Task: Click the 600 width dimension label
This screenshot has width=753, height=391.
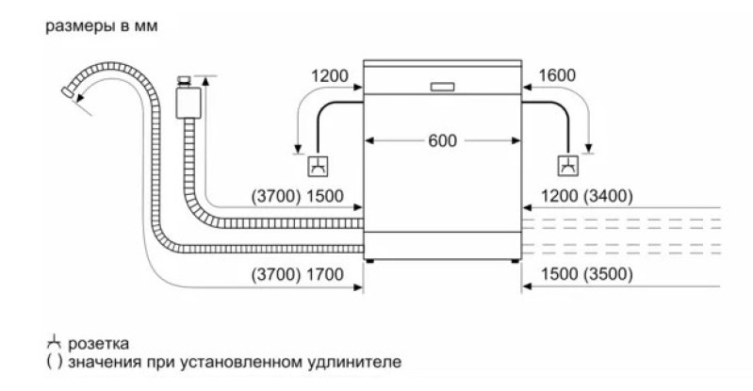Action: pos(442,140)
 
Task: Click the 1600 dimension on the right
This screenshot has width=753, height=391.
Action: pos(557,75)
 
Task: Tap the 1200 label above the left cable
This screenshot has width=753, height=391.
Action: pos(330,76)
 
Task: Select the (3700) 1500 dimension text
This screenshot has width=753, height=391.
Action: pos(297,196)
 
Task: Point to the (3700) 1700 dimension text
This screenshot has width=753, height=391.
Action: pos(297,274)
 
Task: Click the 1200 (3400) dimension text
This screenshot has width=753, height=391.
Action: pos(587,196)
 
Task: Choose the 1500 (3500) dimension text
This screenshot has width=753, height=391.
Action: pos(587,274)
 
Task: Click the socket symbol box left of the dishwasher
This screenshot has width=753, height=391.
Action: pos(318,166)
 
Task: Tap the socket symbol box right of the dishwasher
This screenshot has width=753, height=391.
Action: pos(568,166)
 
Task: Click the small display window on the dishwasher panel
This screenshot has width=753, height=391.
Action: pos(442,87)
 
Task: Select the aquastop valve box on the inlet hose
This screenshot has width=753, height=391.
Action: pos(188,103)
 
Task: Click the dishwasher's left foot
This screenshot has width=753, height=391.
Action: pos(369,261)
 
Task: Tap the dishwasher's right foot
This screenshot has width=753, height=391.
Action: pos(515,261)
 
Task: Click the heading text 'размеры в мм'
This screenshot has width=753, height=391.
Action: pos(102,26)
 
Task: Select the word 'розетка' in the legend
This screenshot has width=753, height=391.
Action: pos(98,344)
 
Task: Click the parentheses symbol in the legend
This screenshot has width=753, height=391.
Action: pos(55,361)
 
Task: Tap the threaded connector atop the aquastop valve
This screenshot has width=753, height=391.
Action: pos(184,80)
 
